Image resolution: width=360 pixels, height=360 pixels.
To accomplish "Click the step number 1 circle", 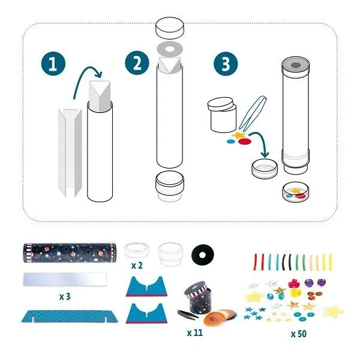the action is tap(53, 64).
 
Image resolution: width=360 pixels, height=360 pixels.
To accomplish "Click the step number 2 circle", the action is tap(137, 62).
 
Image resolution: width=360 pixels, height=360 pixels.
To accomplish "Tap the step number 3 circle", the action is tap(226, 64).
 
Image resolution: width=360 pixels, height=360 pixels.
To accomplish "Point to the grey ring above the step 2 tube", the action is tap(170, 49).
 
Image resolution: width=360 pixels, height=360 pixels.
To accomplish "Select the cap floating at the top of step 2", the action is tap(170, 28).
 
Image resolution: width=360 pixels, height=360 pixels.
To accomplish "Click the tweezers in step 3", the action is tap(252, 113).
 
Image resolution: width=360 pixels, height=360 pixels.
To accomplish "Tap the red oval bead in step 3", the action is tap(245, 142).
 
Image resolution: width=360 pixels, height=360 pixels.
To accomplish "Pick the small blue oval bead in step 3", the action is tap(231, 142).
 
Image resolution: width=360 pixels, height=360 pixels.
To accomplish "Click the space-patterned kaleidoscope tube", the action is tap(70, 253).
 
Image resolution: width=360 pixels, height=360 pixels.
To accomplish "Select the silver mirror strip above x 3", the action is tap(65, 279).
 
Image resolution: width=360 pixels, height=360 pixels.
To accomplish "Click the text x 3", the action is tap(65, 296).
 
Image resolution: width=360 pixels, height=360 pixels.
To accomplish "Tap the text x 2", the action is tap(137, 266).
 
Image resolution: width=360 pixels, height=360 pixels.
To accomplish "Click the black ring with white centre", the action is tap(203, 255).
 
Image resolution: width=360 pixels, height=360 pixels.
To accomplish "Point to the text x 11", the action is tap(195, 332).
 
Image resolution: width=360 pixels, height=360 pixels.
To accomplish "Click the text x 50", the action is tap(299, 334).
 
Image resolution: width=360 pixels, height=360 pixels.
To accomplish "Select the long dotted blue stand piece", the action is tap(70, 316).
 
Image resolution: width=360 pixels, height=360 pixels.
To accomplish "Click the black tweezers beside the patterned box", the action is tap(188, 314).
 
